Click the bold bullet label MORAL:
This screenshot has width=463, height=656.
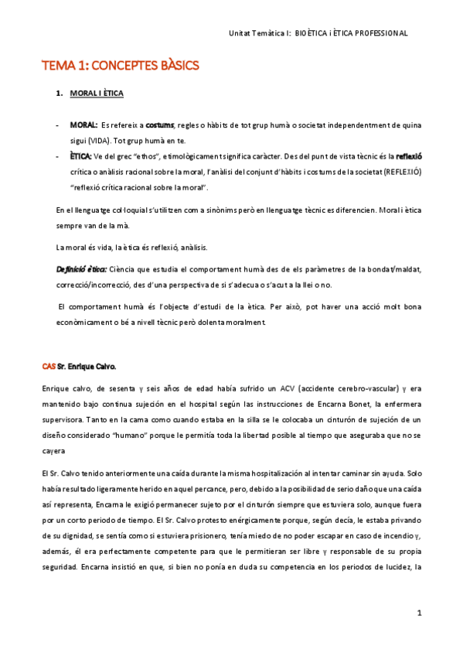(x=83, y=125)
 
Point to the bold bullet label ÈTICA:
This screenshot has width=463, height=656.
(x=81, y=155)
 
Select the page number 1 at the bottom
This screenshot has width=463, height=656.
(x=418, y=613)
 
